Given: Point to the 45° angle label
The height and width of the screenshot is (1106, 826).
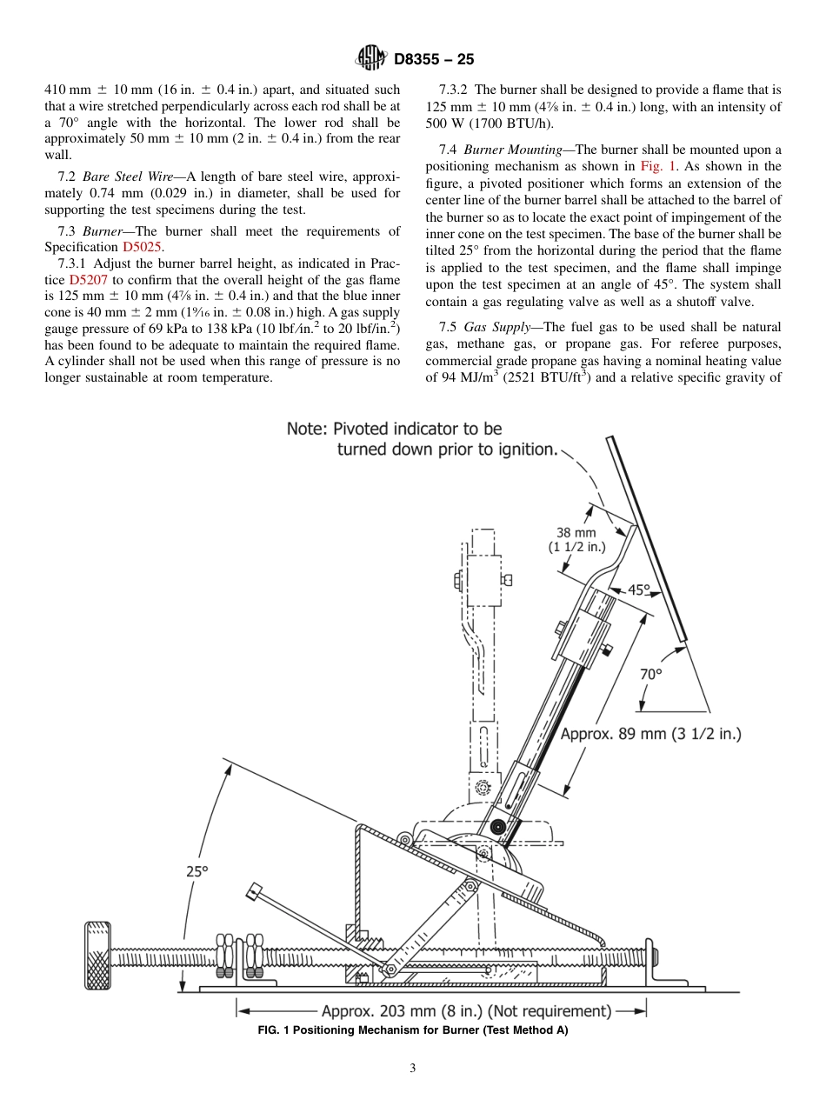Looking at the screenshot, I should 639,590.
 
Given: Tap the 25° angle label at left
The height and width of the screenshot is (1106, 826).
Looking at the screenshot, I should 197,870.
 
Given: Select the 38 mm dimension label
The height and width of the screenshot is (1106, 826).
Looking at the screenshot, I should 576,533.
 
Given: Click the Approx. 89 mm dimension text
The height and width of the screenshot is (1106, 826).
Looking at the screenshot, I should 649,734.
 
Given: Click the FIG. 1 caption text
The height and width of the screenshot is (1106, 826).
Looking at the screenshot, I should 412,1031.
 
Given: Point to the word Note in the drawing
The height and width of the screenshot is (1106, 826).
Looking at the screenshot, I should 308,429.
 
